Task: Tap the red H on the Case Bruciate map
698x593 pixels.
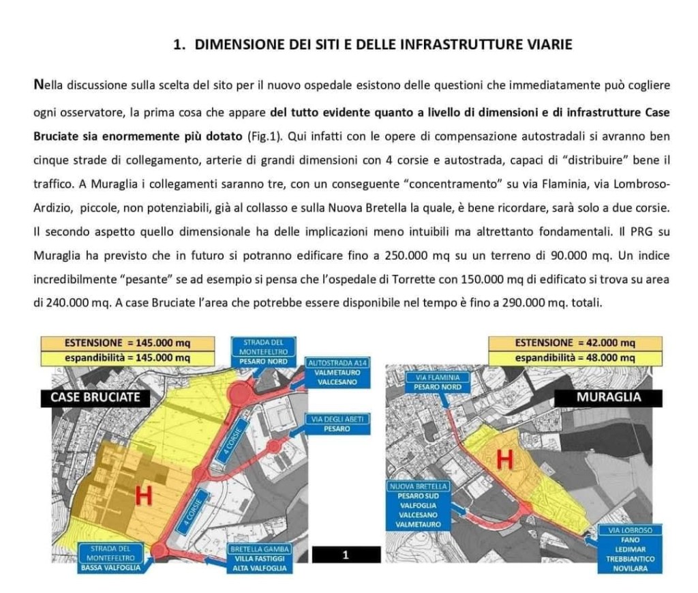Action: tap(143, 496)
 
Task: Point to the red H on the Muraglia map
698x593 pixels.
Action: tap(504, 459)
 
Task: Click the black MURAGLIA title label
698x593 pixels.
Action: tap(608, 397)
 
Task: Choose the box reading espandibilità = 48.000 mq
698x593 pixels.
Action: tap(575, 358)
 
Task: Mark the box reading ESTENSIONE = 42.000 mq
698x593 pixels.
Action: tap(575, 343)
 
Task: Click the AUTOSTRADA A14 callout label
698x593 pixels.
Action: tap(338, 372)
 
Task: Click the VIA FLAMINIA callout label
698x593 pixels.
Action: tap(436, 381)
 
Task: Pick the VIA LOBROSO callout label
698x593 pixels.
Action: tap(630, 544)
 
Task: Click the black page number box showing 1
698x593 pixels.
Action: tap(346, 555)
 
